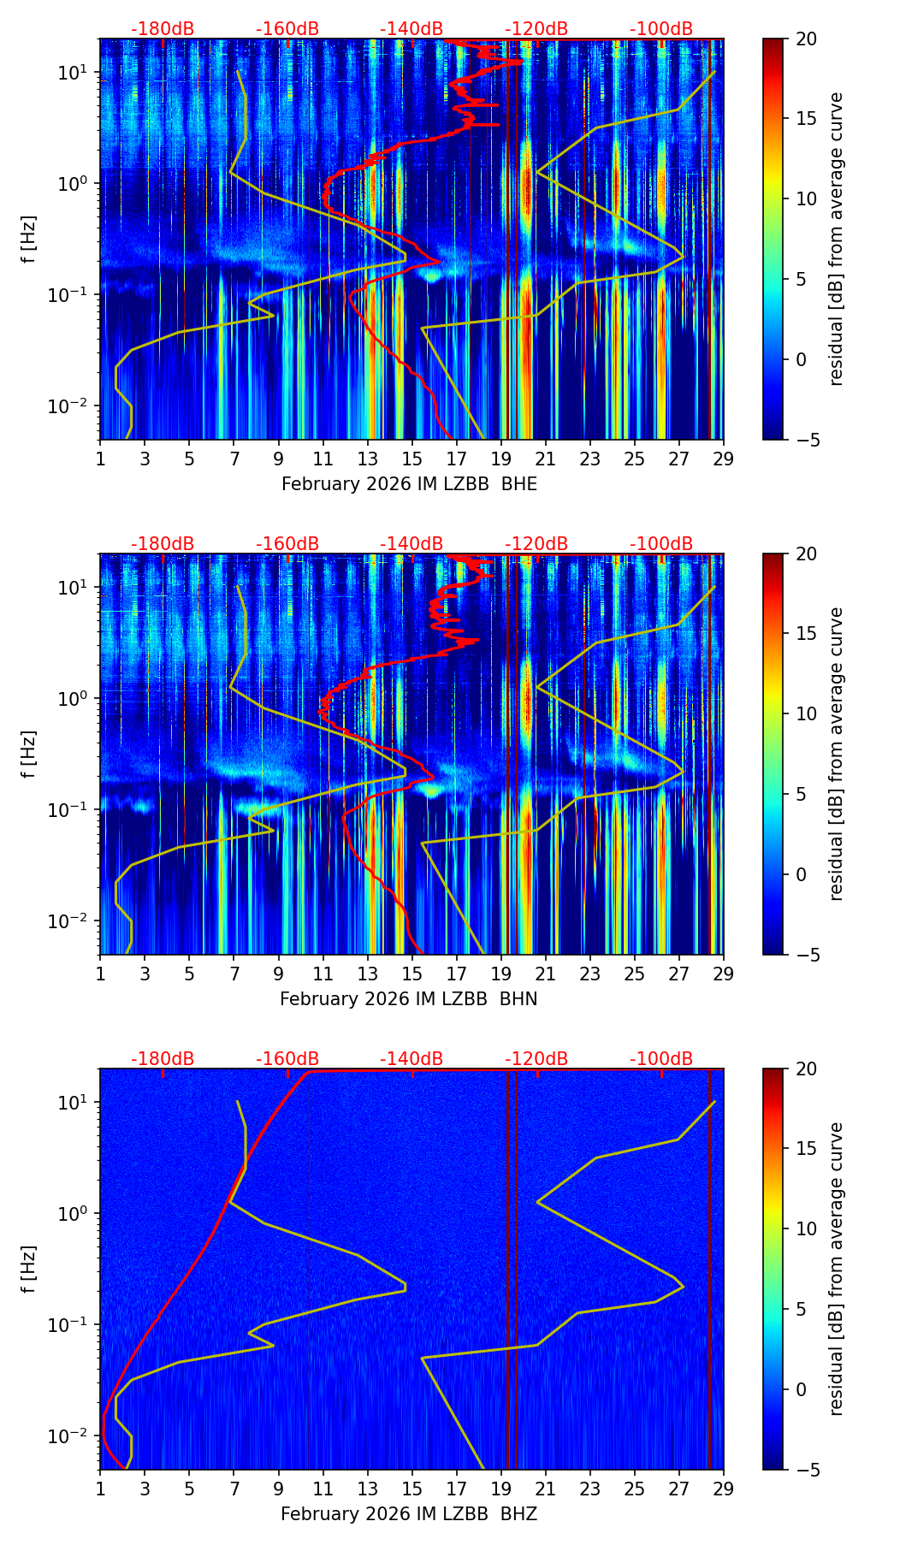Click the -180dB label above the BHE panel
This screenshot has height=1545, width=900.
(163, 29)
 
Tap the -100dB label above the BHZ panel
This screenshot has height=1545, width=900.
(661, 1059)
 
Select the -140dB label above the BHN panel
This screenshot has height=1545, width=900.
(412, 544)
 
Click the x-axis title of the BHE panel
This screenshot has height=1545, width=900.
(409, 484)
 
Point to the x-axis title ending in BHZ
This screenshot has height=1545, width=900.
(409, 1514)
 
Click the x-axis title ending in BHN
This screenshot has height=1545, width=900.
(409, 999)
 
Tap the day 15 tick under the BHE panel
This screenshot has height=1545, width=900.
(412, 459)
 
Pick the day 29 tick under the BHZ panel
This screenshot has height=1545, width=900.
(723, 1489)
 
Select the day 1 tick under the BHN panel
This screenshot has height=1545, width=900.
(100, 974)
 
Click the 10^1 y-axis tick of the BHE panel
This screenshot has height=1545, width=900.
(72, 73)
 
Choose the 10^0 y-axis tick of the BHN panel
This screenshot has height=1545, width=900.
(72, 699)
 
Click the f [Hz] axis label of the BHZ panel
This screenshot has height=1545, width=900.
(29, 1270)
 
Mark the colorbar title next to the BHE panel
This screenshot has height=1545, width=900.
(836, 240)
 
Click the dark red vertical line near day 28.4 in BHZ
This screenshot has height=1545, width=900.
(709, 1283)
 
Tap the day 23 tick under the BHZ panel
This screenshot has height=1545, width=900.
(589, 1489)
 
